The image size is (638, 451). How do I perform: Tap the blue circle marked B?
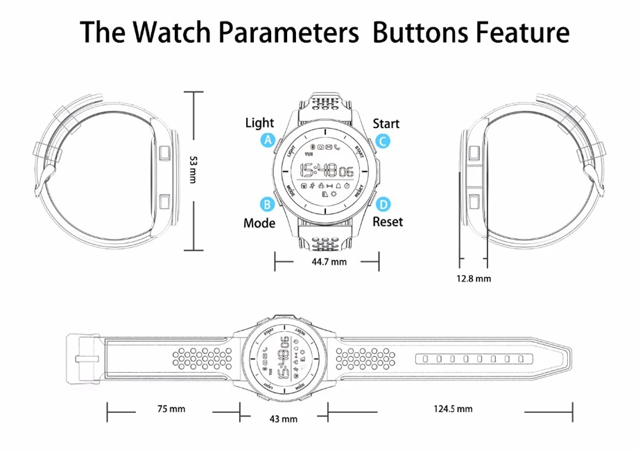(267, 204)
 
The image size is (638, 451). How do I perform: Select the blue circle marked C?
(383, 141)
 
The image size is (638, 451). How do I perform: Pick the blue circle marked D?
(383, 204)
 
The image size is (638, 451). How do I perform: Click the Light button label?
(259, 123)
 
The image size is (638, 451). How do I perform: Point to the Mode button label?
(259, 223)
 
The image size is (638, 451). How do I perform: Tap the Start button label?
(386, 124)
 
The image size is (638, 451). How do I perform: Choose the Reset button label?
(388, 222)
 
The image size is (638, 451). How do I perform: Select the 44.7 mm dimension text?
(329, 262)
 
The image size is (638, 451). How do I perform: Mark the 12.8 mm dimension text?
(474, 278)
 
